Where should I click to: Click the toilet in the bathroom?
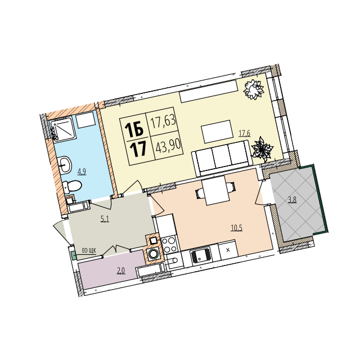(72, 186)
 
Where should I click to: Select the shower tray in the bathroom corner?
(63, 130)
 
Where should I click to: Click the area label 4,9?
(82, 172)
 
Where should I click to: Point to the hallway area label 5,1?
(105, 219)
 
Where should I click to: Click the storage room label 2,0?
(121, 271)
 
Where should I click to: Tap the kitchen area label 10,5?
(236, 228)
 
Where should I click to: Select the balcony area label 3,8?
(292, 200)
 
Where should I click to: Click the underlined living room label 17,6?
(245, 133)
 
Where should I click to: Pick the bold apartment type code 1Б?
(134, 129)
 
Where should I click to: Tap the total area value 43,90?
(168, 146)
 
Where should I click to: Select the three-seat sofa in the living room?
(222, 158)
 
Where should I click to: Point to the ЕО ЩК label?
(89, 250)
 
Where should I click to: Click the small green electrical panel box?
(74, 255)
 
